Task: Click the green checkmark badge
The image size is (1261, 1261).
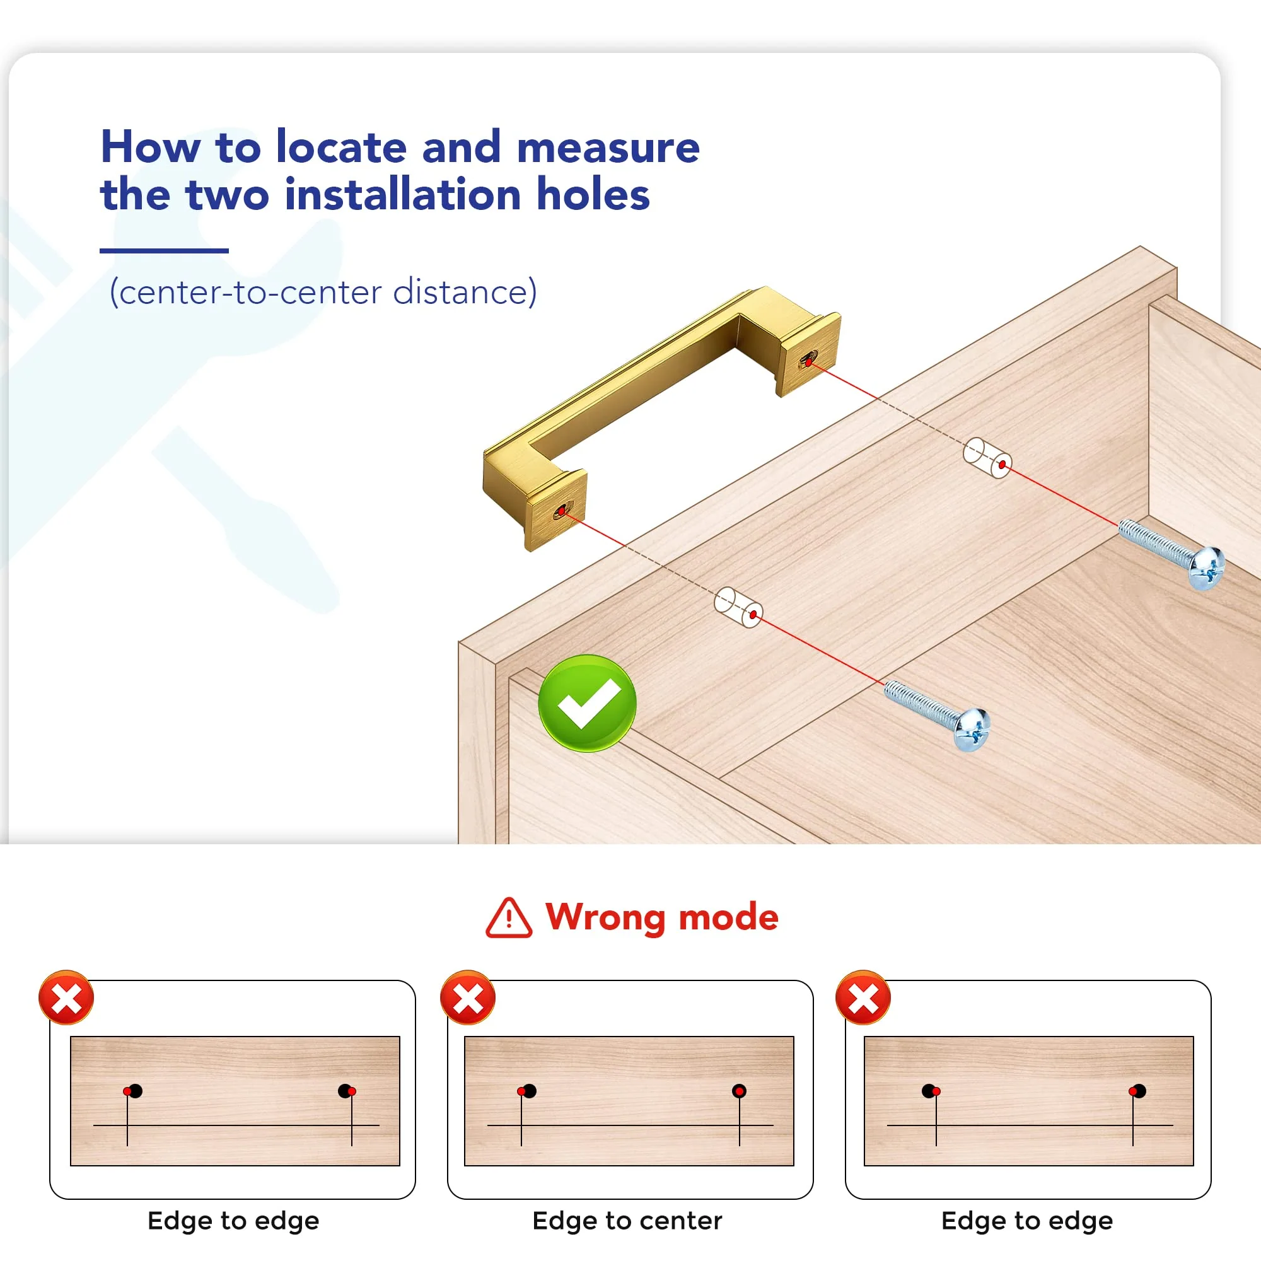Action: [x=587, y=703]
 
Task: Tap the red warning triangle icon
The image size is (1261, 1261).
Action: [x=508, y=917]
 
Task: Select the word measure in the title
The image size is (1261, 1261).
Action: [x=608, y=148]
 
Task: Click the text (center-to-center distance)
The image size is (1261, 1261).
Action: [x=323, y=291]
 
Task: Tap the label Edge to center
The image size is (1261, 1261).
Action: [x=627, y=1221]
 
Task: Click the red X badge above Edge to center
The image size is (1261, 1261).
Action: [x=468, y=997]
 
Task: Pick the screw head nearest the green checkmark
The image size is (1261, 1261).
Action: [x=972, y=729]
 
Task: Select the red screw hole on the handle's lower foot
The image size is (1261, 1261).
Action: [x=561, y=511]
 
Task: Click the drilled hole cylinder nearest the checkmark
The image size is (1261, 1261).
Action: [x=738, y=608]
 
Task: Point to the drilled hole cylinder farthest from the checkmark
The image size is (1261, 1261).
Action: [x=987, y=458]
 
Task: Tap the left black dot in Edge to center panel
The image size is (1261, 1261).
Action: [x=530, y=1091]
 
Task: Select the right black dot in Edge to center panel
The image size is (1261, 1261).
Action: [x=739, y=1091]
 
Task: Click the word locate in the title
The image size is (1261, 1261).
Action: [x=341, y=148]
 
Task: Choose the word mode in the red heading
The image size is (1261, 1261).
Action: [x=728, y=917]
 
